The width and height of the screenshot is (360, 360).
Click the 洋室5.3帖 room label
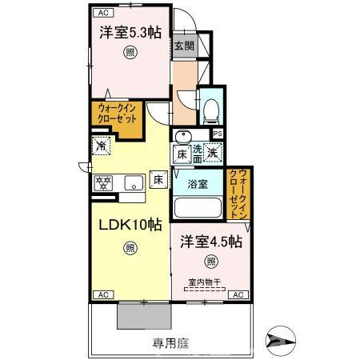(127, 34)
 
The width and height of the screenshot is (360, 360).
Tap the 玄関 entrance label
(182, 46)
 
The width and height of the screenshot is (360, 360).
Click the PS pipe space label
(218, 134)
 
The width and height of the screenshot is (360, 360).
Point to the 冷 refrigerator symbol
(102, 146)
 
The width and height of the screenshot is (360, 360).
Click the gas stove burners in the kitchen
(103, 182)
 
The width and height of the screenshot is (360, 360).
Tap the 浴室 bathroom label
(198, 184)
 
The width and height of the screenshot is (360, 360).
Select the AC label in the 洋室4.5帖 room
(238, 295)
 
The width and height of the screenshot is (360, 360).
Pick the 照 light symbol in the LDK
(130, 248)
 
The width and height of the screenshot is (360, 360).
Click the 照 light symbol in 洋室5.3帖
(128, 54)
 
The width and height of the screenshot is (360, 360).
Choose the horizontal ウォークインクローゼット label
(117, 111)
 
